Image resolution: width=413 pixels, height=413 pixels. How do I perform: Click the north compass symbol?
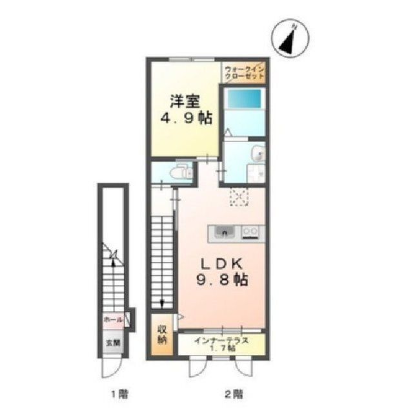coord(290,38)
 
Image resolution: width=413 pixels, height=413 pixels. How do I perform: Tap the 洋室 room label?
coord(185,101)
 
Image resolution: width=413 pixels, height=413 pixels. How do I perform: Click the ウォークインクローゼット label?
coord(244,73)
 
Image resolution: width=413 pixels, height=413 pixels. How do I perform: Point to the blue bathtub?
coord(245,99)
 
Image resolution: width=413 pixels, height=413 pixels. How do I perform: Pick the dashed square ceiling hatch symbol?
coord(239,196)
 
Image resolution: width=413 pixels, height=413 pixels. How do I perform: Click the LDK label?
coord(221,264)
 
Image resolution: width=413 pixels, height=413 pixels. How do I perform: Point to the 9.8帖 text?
coord(221,280)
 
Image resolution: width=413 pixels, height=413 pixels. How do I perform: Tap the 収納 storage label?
coord(162,335)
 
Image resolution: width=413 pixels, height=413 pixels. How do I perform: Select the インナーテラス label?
coord(221,341)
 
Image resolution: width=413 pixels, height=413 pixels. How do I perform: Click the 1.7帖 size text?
coord(223,348)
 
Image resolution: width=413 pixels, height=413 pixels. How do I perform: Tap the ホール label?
coord(114,320)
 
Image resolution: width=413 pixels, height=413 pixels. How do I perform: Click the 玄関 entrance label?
coord(114,343)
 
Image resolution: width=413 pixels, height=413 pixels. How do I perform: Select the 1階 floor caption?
coord(119,394)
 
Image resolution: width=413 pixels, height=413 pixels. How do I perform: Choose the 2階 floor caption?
coord(234,394)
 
